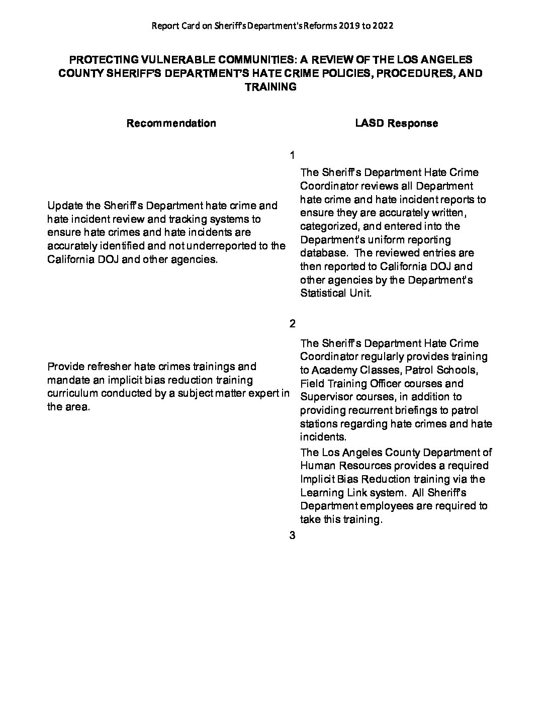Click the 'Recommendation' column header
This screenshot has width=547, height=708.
click(x=171, y=123)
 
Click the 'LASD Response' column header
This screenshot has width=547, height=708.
click(x=396, y=123)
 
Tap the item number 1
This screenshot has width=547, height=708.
click(x=293, y=155)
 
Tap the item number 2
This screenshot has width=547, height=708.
click(x=293, y=323)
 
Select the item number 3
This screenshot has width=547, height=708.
click(x=293, y=536)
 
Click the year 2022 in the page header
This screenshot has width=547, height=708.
click(x=382, y=25)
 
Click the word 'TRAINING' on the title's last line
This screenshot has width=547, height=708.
click(x=270, y=87)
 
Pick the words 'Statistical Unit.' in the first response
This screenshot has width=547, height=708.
click(x=336, y=293)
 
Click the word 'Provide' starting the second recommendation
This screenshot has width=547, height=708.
click(x=64, y=367)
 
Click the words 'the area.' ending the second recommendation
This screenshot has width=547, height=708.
click(x=68, y=407)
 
